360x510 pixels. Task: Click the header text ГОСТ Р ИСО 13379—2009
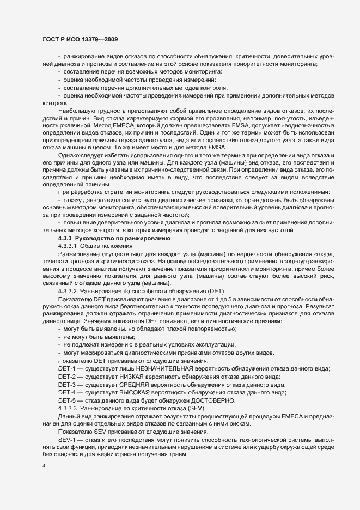[81, 40]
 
